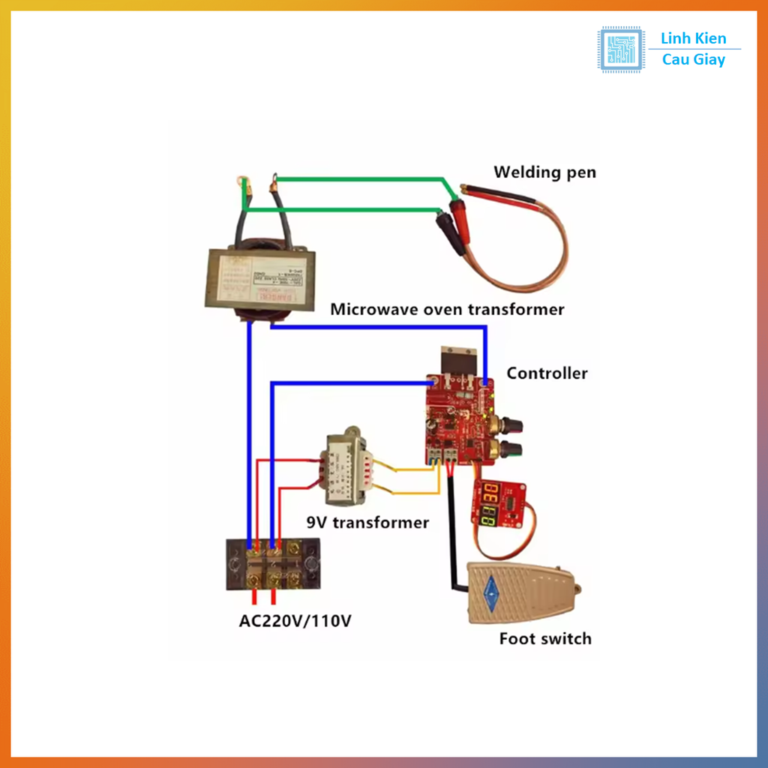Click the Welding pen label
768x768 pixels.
pos(544,172)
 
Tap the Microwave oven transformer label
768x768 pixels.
pos(447,309)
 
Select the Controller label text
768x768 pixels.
pos(547,373)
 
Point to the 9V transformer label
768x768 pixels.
pos(367,523)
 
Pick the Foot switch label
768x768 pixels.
pos(545,639)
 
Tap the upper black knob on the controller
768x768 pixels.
pos(514,424)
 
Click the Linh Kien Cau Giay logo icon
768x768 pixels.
pos(620,49)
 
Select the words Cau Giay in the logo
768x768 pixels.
pos(694,60)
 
